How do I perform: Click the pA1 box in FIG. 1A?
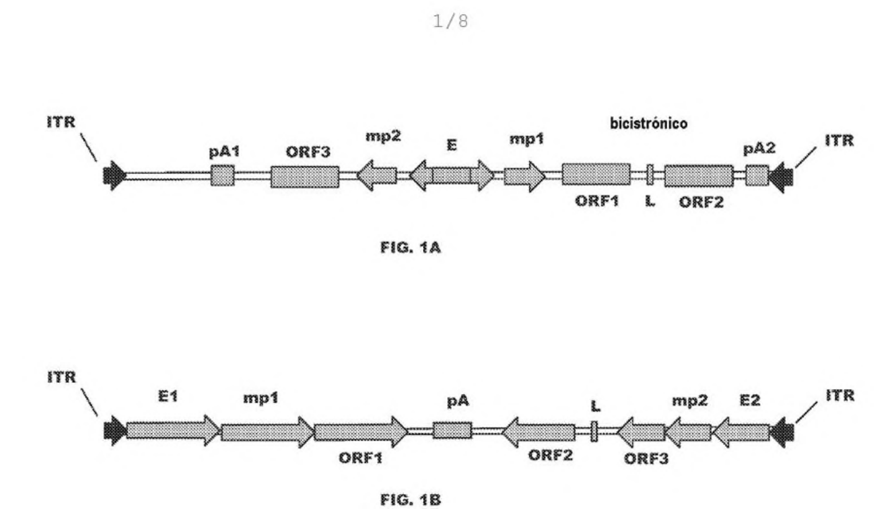tap(222, 175)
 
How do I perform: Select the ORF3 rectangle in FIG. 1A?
tap(305, 177)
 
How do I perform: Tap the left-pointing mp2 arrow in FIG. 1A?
tap(377, 176)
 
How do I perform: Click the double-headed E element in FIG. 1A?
tap(452, 175)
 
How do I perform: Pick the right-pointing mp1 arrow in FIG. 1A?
tap(524, 177)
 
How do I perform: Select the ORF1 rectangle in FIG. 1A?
tap(596, 174)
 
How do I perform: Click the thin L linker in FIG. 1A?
tap(650, 175)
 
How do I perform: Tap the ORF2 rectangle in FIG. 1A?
tap(699, 176)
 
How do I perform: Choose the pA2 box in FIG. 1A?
tap(757, 175)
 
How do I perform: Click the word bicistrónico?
tap(649, 123)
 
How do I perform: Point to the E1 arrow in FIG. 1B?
tap(173, 431)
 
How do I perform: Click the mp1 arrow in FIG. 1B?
tap(268, 432)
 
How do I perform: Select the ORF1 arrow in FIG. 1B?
tap(361, 432)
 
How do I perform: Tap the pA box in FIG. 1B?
tap(452, 430)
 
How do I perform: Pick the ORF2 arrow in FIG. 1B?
tap(538, 433)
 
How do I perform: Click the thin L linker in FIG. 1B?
tap(594, 431)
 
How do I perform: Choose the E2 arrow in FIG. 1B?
tap(741, 433)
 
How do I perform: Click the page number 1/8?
tap(450, 21)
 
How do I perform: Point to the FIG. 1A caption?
tap(411, 247)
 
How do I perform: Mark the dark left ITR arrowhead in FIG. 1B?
tap(115, 431)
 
